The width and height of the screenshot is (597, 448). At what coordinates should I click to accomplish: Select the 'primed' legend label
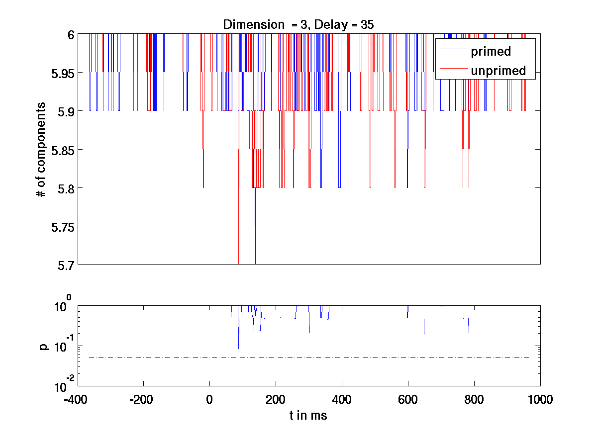tap(491, 51)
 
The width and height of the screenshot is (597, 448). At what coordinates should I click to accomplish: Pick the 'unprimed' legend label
tap(498, 71)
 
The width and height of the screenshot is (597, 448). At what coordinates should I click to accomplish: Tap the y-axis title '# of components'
tap(42, 150)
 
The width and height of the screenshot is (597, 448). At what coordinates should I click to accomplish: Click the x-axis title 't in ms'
tap(308, 416)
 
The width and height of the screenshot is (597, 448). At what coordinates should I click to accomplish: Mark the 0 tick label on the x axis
tap(209, 400)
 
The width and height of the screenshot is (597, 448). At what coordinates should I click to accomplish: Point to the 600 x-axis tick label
tap(408, 400)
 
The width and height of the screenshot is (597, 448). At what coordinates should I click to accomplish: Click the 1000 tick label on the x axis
tap(540, 400)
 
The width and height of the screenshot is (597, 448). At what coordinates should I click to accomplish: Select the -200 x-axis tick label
tap(143, 400)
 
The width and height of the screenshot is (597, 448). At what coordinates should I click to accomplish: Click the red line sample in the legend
tap(452, 69)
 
